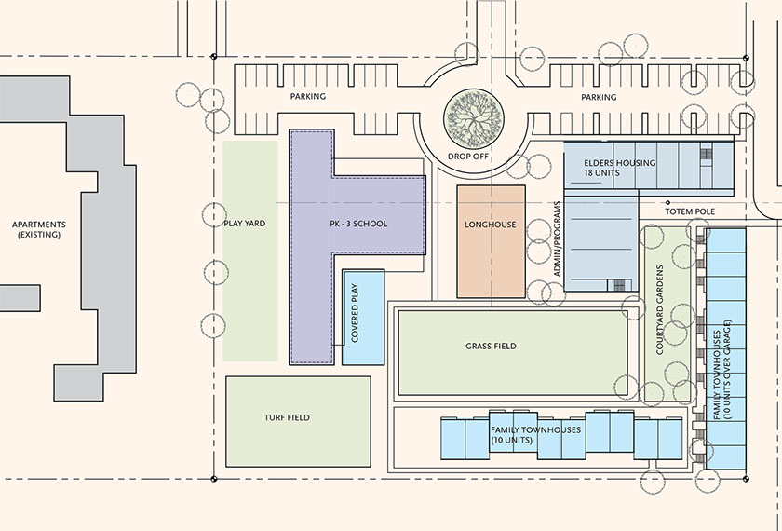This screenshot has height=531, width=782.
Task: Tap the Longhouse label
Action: pos(491,225)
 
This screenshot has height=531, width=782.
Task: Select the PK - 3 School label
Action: pos(358,224)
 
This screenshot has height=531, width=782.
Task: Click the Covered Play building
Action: pos(363,318)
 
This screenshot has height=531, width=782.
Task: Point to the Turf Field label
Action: pos(287,417)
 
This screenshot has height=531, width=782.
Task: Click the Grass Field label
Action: pos(491,346)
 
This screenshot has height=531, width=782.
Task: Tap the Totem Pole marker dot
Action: pos(668,203)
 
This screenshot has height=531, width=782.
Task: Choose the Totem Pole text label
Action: pos(690,211)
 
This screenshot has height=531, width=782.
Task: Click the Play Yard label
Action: pos(244,223)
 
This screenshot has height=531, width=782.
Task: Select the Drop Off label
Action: pos(467,157)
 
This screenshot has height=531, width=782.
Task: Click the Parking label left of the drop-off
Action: pos(308,96)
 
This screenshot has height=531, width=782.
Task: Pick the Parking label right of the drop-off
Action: pos(599,97)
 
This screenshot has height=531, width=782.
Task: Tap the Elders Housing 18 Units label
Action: pos(620,168)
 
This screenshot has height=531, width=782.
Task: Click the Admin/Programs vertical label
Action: pos(557,238)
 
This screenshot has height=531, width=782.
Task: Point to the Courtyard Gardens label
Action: pos(659,310)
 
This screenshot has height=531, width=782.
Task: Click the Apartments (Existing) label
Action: pos(39,229)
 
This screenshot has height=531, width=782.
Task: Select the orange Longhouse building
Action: pos(492,241)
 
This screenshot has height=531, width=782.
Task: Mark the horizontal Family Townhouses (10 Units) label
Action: pos(535,435)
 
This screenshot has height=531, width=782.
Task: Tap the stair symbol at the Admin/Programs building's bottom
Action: pos(618,285)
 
